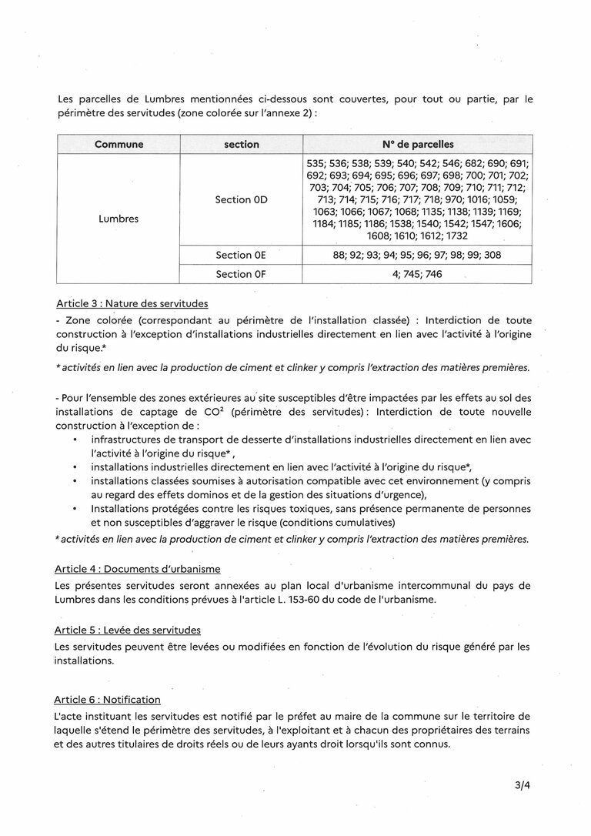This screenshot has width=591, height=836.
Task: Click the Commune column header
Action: pos(119,144)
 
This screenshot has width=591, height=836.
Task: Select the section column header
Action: pos(241,144)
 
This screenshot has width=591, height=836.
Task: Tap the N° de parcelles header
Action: pos(417,144)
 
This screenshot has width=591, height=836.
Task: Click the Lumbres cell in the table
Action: pos(119,218)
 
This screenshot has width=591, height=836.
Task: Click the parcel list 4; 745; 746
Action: pos(417,274)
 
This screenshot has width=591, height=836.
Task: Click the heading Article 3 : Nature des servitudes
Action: pos(132,303)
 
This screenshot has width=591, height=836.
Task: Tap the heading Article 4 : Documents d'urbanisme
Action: pos(137,569)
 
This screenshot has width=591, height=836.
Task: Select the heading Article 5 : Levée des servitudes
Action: pos(128,630)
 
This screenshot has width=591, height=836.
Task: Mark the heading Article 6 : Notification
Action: pos(108,700)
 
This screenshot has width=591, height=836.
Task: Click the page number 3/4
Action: pos(524,786)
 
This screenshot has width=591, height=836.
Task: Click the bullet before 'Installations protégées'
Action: pos(74,509)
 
